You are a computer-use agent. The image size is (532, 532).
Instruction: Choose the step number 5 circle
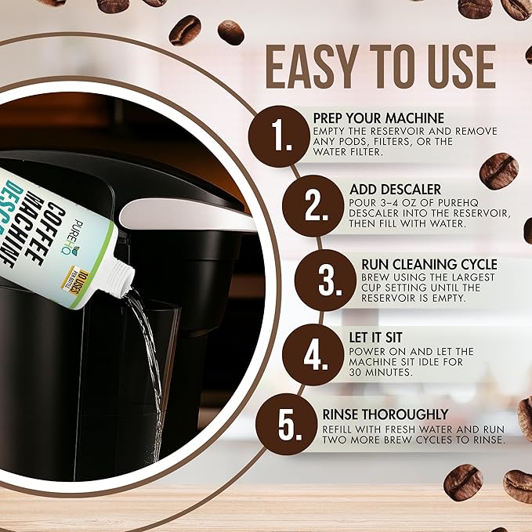[285, 425]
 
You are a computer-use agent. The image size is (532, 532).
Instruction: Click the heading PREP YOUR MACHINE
[378, 118]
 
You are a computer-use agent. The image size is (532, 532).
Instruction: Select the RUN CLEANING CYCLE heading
[429, 264]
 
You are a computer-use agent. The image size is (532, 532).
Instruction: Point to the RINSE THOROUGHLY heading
[385, 413]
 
